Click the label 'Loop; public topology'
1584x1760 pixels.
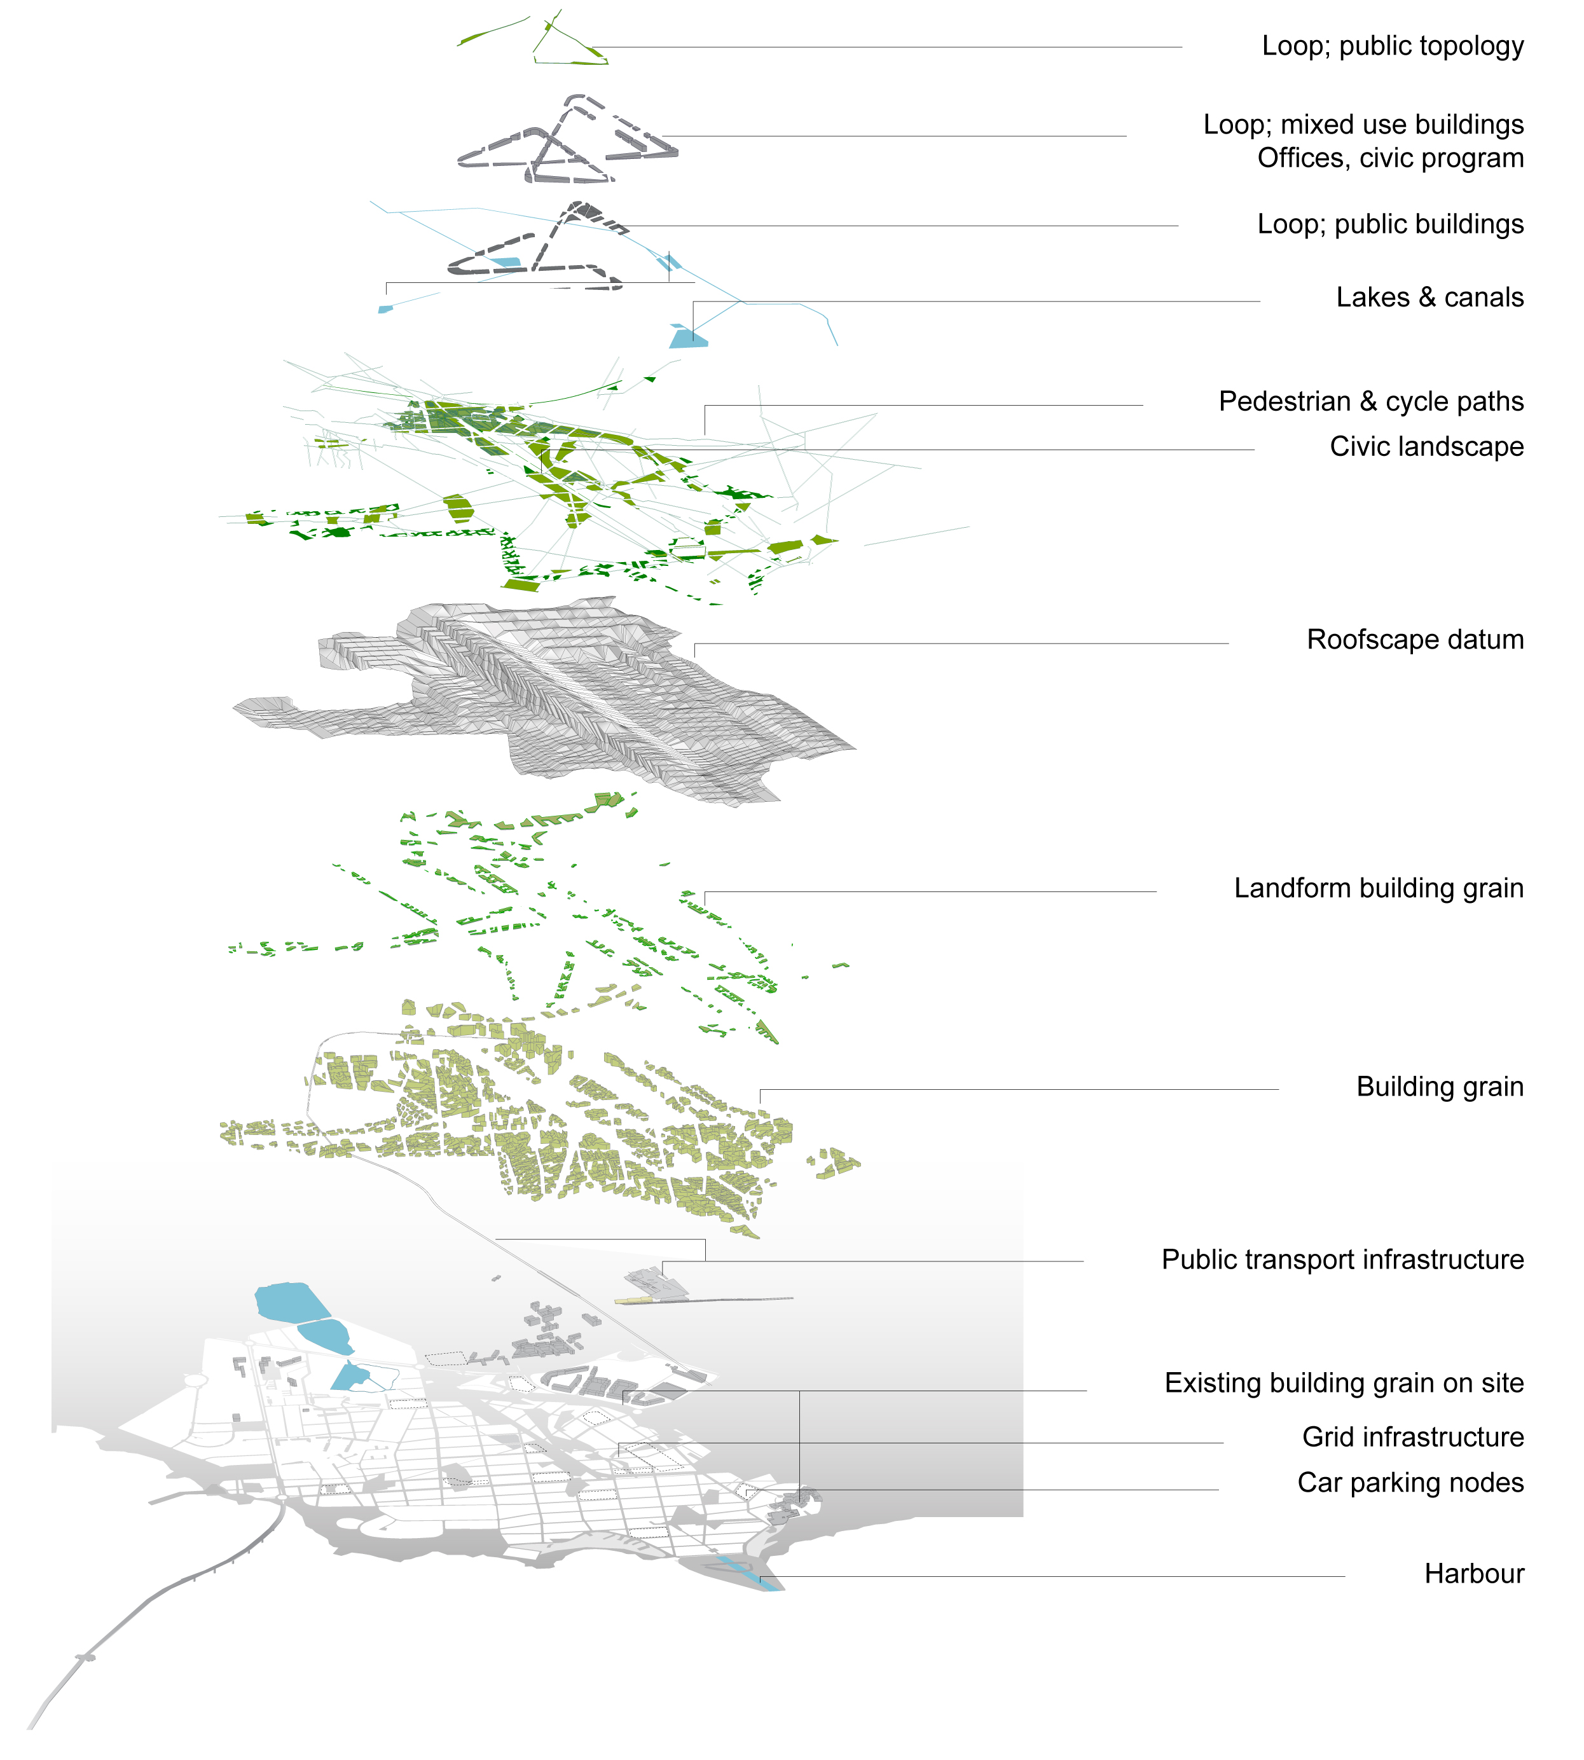pos(1393,47)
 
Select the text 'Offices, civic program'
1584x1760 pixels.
pos(1391,158)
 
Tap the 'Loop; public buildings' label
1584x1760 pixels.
pos(1391,224)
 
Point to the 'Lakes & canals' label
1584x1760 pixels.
pos(1430,298)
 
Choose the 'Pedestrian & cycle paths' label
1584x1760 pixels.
pos(1372,402)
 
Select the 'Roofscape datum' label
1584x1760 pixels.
pos(1415,640)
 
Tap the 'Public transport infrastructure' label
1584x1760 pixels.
pos(1343,1260)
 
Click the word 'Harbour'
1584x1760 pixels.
pos(1475,1574)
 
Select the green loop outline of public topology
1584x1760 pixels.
pos(570,62)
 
